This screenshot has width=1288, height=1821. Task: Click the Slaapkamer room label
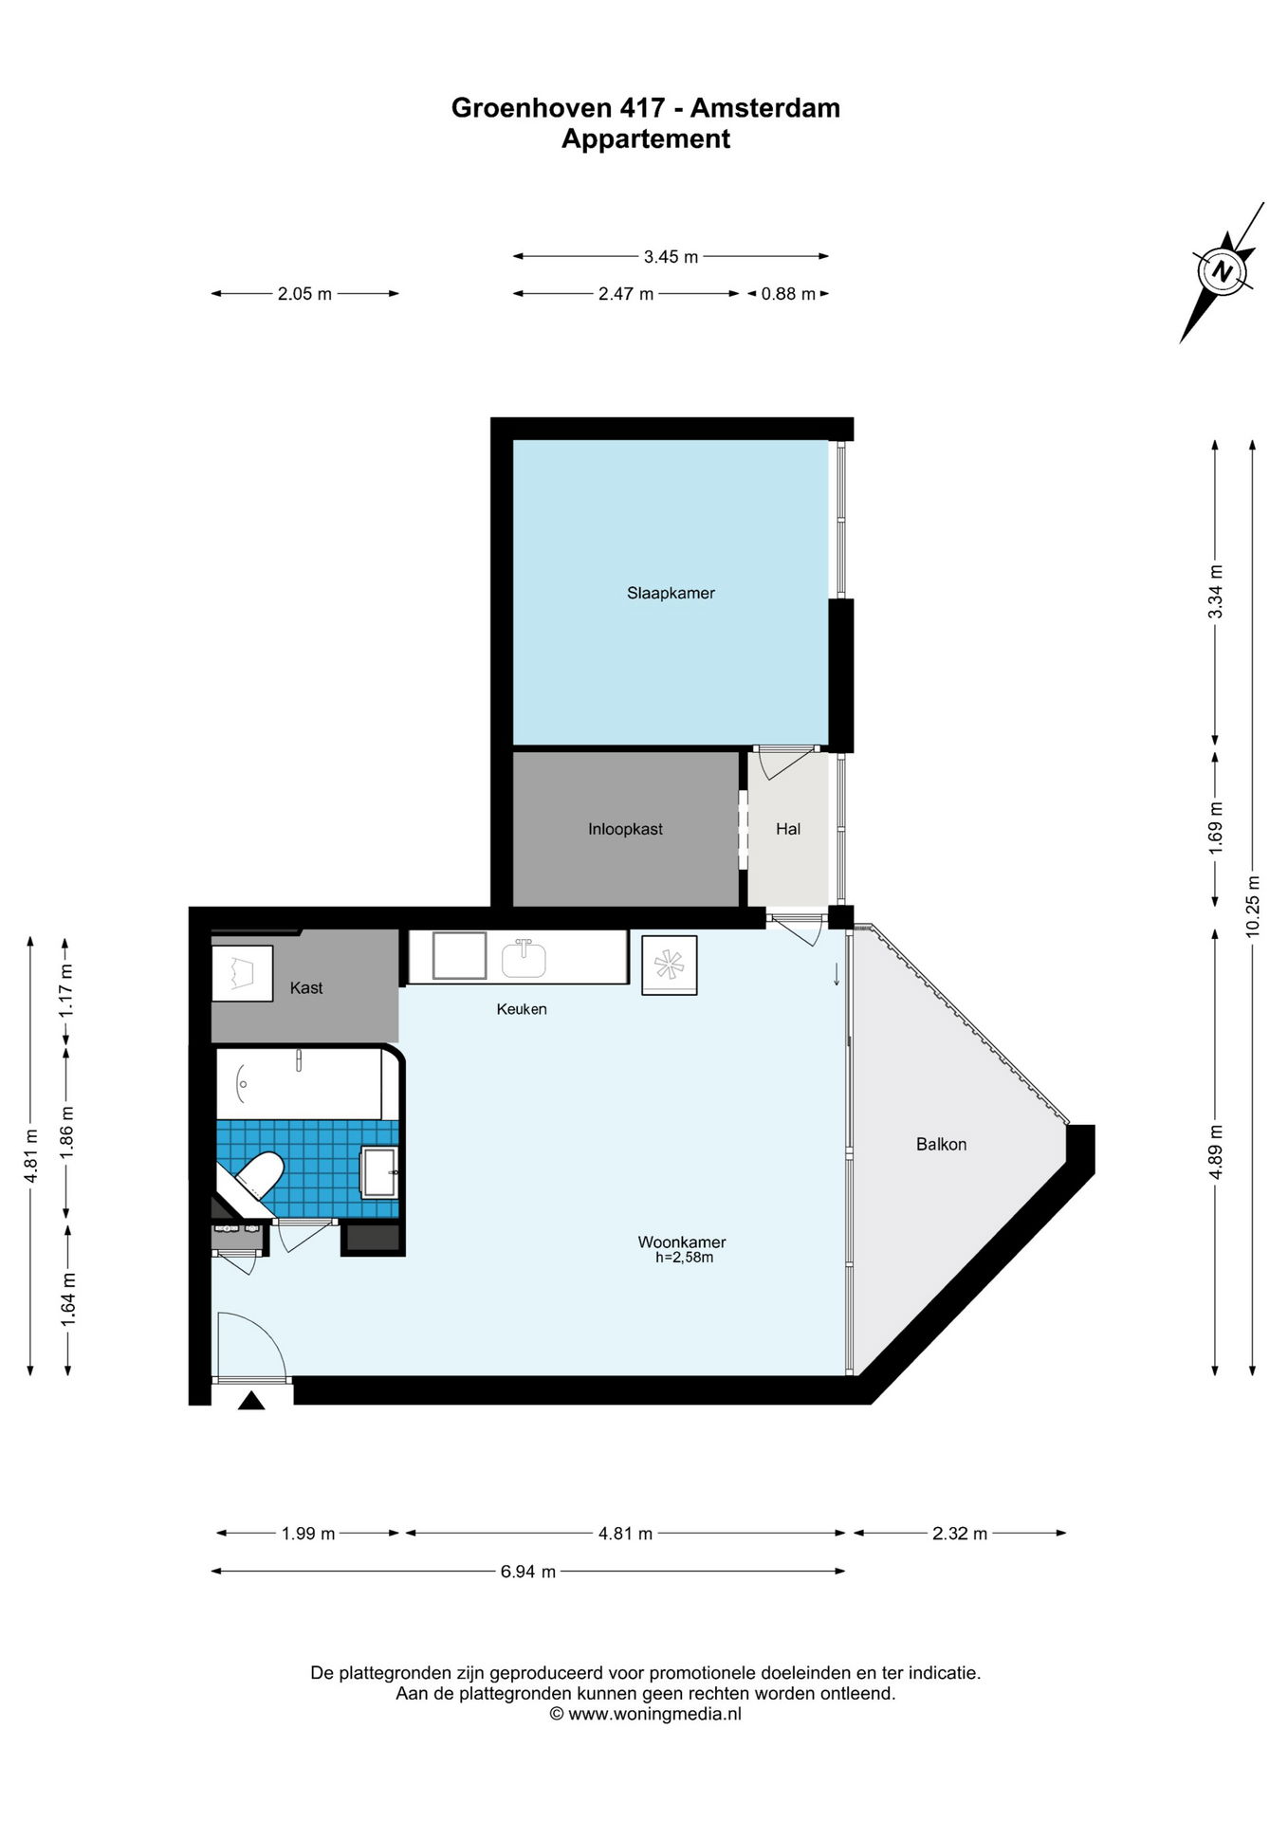[x=671, y=594]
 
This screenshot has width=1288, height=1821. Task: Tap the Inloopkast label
[x=625, y=829]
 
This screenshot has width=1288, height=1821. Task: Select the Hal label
[x=788, y=829]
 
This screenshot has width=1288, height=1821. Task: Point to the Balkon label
[x=941, y=1144]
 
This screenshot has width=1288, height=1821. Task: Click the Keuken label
[x=522, y=1009]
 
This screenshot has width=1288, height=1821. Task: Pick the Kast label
[x=306, y=988]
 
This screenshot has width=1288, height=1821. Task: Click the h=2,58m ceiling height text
[x=684, y=1258]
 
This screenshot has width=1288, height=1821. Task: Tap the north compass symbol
[x=1224, y=271]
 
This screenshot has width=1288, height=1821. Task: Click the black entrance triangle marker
[x=251, y=1400]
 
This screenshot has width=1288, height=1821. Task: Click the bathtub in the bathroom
[x=301, y=1083]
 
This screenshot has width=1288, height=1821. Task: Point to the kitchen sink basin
[x=523, y=959]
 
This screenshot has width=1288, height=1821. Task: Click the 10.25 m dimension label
[x=1253, y=904]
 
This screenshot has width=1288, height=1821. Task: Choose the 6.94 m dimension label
[x=528, y=1572]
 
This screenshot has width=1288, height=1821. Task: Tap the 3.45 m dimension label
[x=671, y=256]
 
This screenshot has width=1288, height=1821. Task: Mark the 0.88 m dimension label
[x=788, y=294]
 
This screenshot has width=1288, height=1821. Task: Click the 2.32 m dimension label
[x=960, y=1534]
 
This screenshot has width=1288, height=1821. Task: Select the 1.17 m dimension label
[x=66, y=991]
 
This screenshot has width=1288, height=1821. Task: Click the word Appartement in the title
[x=646, y=138]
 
